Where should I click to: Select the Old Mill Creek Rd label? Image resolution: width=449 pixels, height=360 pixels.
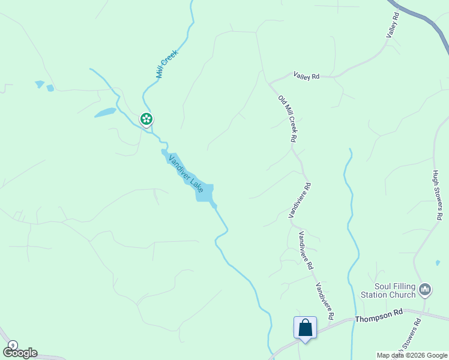288,118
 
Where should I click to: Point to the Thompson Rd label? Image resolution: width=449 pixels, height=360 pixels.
379,316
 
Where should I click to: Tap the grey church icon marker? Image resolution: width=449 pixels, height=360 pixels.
426,290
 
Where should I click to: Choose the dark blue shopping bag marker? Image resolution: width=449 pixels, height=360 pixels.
306,328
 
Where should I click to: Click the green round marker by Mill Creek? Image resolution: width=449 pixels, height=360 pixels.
146,119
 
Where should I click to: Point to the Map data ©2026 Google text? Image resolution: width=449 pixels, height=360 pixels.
411,355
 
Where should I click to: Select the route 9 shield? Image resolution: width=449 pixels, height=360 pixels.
13,345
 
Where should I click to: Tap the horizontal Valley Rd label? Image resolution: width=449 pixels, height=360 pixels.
306,76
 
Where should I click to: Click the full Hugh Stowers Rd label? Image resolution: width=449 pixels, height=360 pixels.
438,194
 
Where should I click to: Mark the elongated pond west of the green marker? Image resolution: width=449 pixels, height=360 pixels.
105,112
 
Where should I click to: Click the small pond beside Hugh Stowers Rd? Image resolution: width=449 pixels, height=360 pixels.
436,262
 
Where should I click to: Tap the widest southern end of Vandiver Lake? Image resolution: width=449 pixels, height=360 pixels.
204,193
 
